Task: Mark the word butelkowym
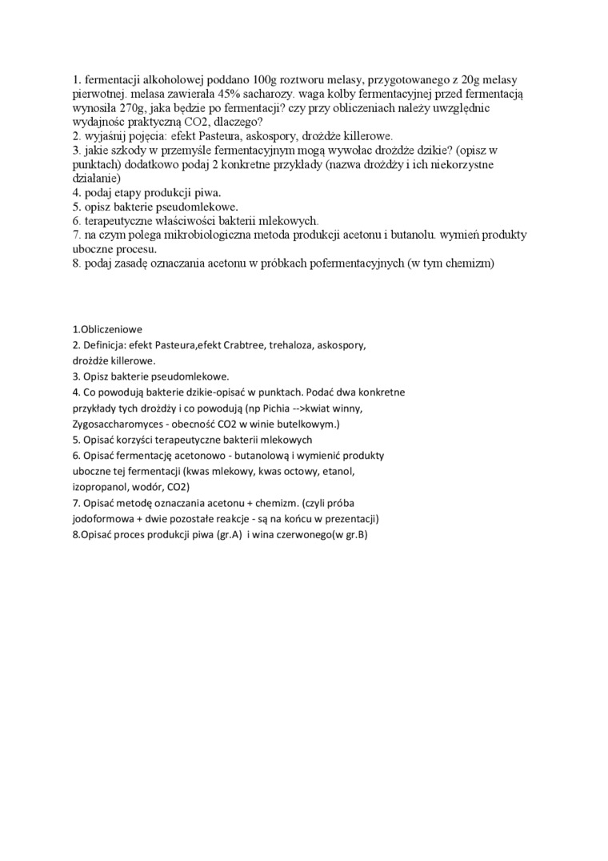click(308, 423)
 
